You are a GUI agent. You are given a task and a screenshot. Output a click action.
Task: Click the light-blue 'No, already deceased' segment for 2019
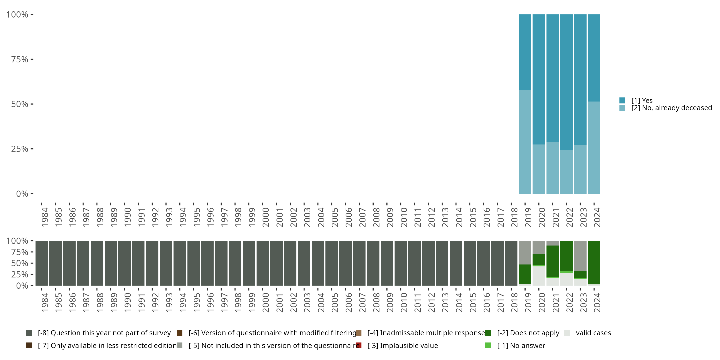(525, 141)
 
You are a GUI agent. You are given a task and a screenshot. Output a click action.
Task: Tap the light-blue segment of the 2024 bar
(594, 147)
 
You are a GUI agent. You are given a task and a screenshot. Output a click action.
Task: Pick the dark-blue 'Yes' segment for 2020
(539, 79)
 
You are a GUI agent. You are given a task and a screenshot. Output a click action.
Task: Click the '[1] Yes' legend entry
(642, 101)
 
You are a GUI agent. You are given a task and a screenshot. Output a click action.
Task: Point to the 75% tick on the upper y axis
(32, 59)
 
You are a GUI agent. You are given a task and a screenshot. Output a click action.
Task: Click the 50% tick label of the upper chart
(20, 104)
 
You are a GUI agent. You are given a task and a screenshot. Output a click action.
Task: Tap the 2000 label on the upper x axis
(265, 217)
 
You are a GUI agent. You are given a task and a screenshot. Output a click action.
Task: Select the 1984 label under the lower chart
(45, 302)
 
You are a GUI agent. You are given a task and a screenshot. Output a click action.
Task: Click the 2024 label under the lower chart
(597, 302)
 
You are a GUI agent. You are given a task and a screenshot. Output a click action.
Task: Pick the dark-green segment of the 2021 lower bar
(552, 261)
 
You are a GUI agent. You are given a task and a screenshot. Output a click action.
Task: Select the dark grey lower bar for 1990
(124, 263)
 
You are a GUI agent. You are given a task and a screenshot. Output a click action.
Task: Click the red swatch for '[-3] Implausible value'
(359, 345)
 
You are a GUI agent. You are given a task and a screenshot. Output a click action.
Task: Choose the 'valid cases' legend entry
(593, 333)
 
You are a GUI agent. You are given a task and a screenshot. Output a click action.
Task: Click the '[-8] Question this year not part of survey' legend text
(104, 333)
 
